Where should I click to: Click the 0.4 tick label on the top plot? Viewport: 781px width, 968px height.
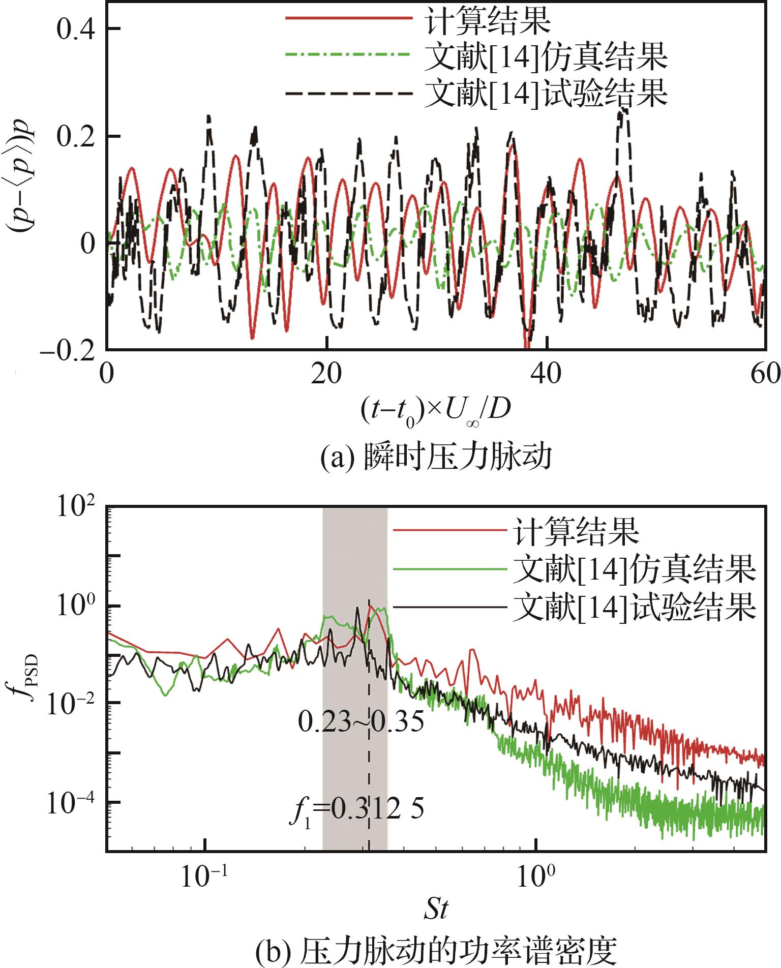[75, 30]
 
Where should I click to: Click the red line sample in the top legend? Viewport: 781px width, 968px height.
[348, 18]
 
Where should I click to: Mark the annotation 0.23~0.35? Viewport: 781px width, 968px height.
[361, 722]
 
